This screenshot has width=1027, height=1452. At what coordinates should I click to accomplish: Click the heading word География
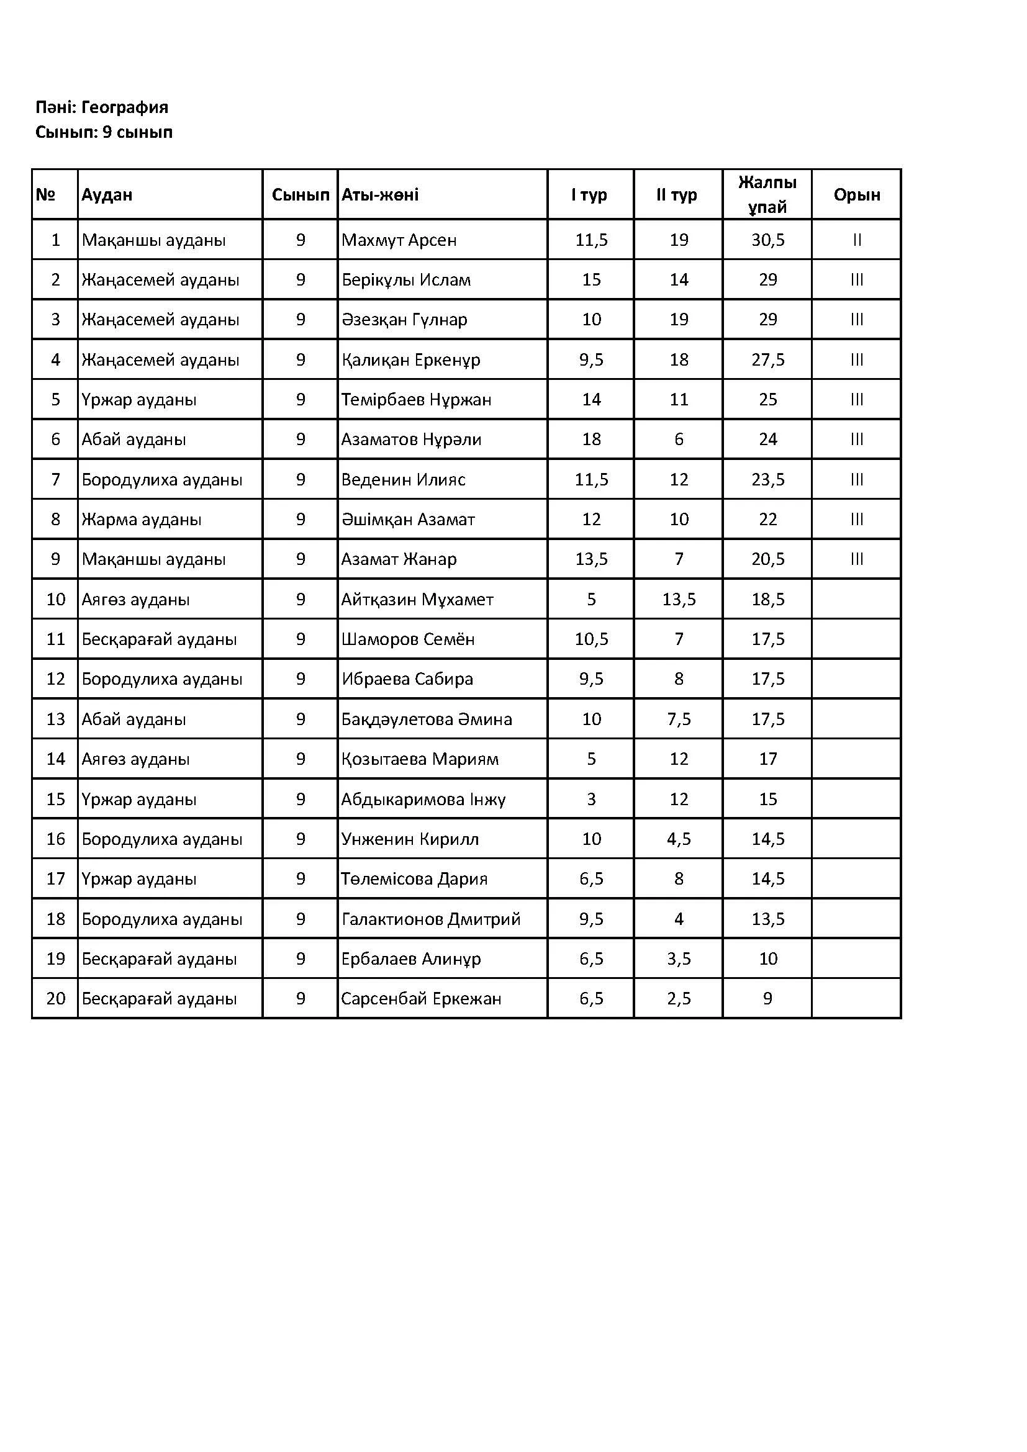125,107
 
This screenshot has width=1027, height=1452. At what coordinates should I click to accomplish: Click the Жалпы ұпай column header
767,195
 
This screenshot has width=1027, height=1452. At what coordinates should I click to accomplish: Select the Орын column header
856,195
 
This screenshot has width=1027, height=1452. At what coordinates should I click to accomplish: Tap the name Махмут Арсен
399,240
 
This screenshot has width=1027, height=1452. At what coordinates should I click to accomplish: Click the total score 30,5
767,240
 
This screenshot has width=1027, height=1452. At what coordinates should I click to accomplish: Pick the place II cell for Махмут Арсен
856,240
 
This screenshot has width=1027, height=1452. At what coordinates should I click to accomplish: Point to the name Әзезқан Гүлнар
404,320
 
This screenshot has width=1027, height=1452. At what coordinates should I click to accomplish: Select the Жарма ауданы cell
142,520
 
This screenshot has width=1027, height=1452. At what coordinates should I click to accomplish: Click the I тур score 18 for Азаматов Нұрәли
591,440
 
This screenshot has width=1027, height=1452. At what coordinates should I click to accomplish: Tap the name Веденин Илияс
403,480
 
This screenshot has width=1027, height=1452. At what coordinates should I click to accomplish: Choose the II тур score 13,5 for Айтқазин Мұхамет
679,600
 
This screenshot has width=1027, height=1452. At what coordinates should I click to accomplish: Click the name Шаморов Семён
407,639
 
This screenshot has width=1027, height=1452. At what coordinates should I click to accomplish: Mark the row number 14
56,759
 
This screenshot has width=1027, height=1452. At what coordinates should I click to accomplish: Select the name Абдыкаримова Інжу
423,800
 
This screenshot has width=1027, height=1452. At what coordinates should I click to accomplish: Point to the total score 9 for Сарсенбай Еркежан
767,999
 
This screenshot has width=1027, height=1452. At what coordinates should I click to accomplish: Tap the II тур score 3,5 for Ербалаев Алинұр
679,958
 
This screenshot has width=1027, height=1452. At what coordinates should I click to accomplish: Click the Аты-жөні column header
380,195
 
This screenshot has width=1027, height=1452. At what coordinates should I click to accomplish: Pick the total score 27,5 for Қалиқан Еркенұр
767,360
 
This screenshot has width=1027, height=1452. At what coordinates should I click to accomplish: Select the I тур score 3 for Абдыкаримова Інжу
591,800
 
